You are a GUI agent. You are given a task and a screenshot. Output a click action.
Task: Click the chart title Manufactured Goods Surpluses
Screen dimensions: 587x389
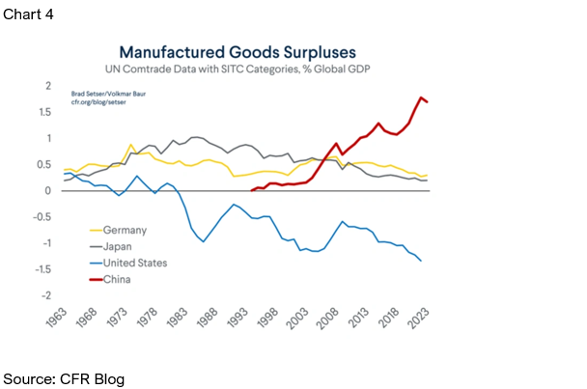[x=238, y=52]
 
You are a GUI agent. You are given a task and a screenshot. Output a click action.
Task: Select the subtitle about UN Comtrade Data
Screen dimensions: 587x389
[x=238, y=69]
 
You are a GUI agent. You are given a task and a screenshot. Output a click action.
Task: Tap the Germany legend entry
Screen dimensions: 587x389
[x=119, y=230]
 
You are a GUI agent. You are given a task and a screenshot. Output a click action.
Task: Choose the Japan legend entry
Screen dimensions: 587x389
[x=111, y=246]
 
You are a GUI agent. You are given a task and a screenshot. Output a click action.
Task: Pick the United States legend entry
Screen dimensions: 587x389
[x=128, y=263]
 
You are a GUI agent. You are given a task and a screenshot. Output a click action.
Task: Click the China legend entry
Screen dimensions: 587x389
[x=110, y=279]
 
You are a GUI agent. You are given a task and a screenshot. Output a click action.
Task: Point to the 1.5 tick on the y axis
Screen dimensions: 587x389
[x=45, y=112]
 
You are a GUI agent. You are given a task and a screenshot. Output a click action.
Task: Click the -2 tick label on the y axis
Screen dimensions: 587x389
[x=46, y=295]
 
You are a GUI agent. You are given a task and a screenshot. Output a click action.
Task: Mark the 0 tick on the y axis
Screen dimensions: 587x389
[x=48, y=190]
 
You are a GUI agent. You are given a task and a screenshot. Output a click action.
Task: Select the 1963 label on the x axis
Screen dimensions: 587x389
[x=57, y=318]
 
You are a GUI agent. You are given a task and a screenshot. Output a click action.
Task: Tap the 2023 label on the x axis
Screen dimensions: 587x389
[x=419, y=319]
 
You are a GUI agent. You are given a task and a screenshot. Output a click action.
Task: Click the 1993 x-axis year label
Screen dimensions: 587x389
[x=238, y=318]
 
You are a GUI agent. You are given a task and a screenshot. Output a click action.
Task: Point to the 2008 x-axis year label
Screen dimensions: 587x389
[x=328, y=319]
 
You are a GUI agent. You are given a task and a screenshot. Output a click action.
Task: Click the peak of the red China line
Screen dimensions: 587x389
[x=421, y=97]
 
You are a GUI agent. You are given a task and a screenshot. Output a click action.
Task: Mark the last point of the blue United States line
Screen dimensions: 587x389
[x=421, y=261]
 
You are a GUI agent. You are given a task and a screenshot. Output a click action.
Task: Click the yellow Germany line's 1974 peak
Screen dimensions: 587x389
[x=130, y=145]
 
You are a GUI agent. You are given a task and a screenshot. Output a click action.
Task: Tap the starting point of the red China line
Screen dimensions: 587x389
[x=252, y=190]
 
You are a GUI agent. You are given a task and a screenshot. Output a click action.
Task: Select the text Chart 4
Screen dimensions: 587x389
[x=28, y=14]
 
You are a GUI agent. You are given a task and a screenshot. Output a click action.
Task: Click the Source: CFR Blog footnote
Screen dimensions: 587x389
[x=64, y=379]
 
